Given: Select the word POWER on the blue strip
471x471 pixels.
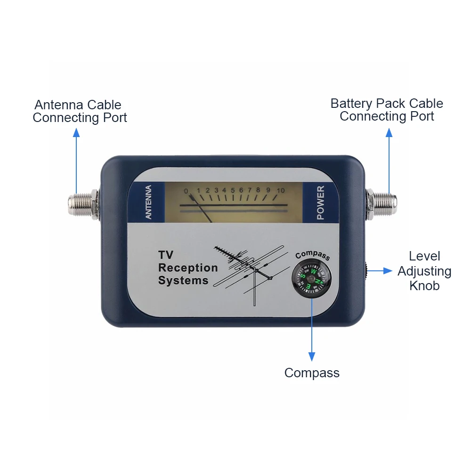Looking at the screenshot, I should [x=320, y=203].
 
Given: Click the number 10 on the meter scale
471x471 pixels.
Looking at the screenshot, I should [x=281, y=190].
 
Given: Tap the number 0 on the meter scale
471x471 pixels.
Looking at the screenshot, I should [x=186, y=191].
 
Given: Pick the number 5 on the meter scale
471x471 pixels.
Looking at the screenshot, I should [x=233, y=190].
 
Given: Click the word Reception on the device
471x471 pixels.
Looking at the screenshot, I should [x=188, y=268].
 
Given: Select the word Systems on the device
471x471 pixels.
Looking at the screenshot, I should [x=183, y=281].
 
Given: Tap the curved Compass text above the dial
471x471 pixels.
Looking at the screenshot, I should [x=312, y=255].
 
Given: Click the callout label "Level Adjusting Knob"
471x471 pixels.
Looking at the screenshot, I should [x=424, y=271].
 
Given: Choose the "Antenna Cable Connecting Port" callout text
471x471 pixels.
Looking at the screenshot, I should [x=80, y=111].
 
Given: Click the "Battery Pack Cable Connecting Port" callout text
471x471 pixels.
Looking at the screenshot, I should [x=387, y=110].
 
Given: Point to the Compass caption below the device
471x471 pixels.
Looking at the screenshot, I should [x=312, y=373].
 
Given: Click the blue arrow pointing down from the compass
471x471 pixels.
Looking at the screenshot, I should [x=311, y=330].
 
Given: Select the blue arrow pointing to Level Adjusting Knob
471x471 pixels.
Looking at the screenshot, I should [x=381, y=271].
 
